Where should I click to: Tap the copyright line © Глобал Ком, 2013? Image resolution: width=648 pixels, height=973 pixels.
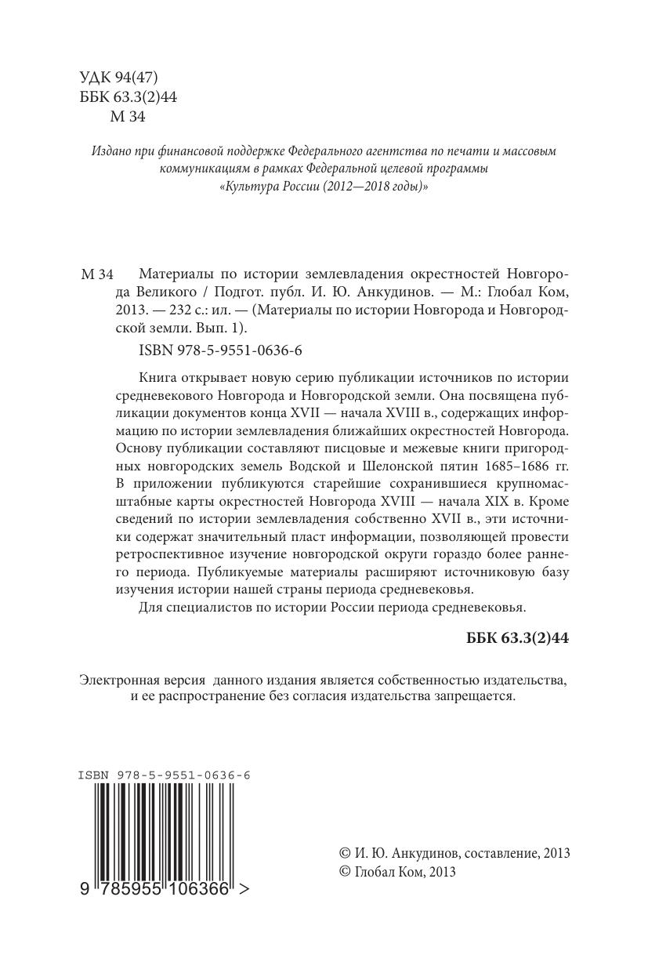pos(396,871)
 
